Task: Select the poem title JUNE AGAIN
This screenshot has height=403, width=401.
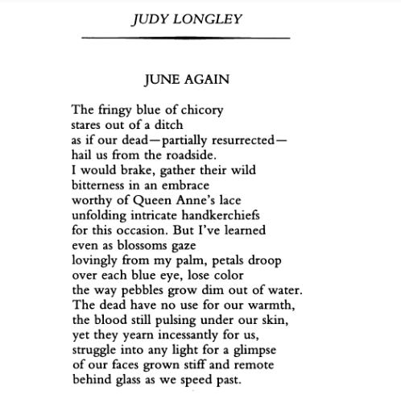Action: click(186, 79)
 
